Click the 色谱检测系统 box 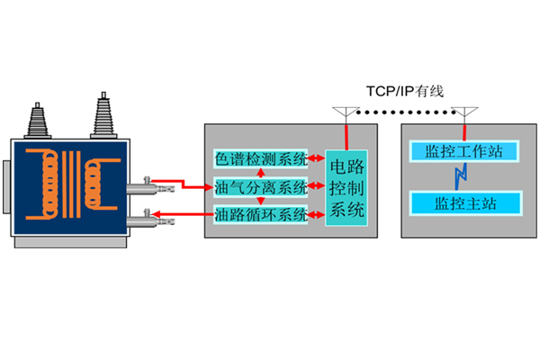[x=261, y=157]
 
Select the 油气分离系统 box [x=261, y=187]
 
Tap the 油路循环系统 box [x=261, y=215]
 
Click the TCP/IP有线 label [x=405, y=91]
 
